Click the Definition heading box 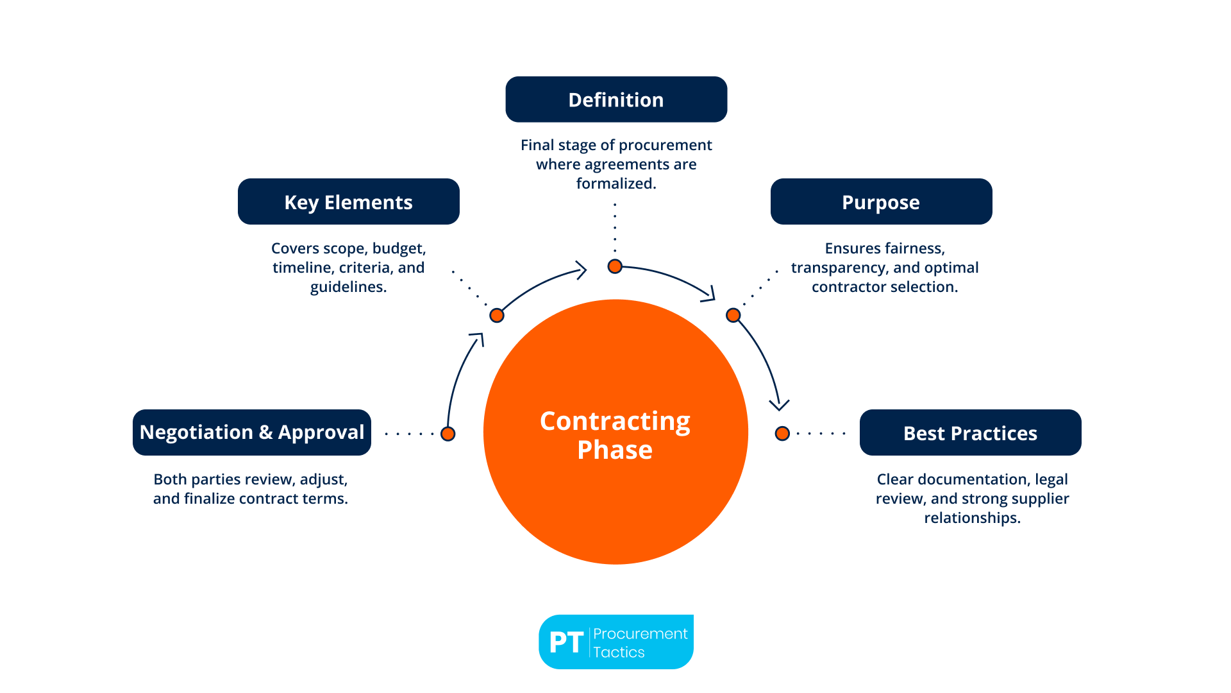(616, 99)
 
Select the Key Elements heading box (348, 201)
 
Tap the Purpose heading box (881, 201)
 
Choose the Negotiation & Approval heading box (252, 432)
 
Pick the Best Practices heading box (970, 432)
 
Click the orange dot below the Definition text (615, 266)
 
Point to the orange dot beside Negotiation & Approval (448, 434)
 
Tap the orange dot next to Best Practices (782, 434)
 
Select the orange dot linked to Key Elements (497, 315)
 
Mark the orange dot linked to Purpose (733, 315)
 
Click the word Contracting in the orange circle (615, 421)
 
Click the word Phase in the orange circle (615, 450)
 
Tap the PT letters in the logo (566, 642)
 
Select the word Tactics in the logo (619, 653)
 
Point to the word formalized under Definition (616, 184)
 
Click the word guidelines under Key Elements (348, 287)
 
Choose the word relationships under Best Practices (972, 518)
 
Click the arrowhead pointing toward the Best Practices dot (779, 405)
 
